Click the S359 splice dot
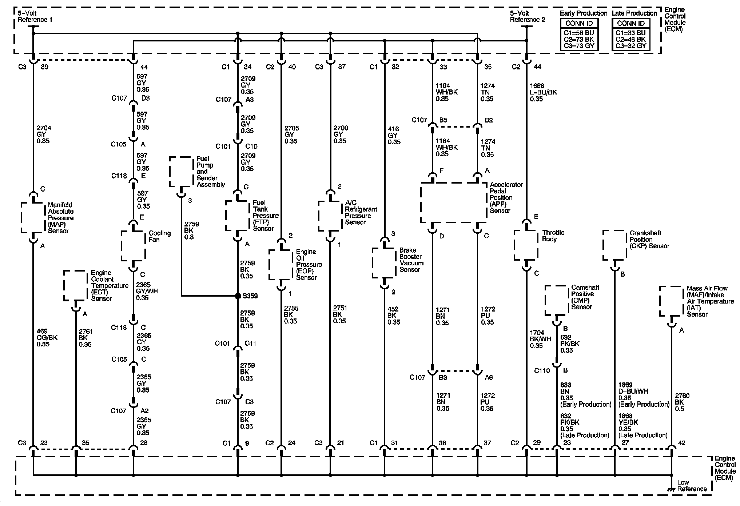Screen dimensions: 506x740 [x=238, y=296]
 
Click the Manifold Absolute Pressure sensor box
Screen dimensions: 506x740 [x=33, y=218]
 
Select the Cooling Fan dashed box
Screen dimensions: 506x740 [x=133, y=246]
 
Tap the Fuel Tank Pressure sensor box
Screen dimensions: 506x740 [x=238, y=216]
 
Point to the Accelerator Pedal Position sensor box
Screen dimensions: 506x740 [x=453, y=202]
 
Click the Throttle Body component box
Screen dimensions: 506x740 [x=526, y=245]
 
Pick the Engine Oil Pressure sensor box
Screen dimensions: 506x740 [x=281, y=264]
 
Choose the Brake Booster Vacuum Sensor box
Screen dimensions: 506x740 [x=384, y=263]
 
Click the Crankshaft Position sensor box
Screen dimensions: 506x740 [x=615, y=245]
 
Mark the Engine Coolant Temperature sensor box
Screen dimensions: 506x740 [x=76, y=286]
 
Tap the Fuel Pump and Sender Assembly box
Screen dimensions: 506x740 [x=181, y=172]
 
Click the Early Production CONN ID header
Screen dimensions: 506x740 [x=579, y=23]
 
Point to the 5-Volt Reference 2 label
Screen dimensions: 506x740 [x=527, y=16]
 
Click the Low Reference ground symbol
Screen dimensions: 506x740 [x=671, y=490]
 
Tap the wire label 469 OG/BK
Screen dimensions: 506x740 [x=47, y=337]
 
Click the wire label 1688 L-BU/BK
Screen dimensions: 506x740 [x=543, y=92]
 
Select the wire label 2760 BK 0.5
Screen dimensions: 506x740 [x=682, y=402]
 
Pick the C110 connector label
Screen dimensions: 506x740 [x=542, y=371]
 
